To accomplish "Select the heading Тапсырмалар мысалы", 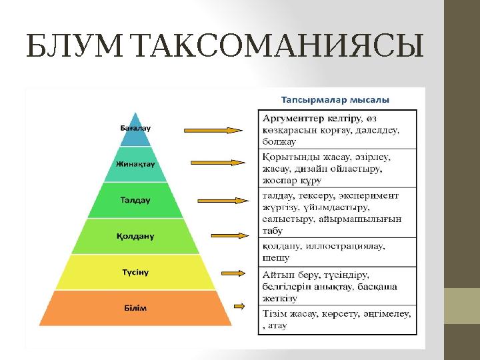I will click(x=335, y=99).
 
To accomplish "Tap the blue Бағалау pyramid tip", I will click(x=140, y=129).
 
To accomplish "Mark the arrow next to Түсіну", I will click(x=235, y=273).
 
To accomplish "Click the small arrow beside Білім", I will click(x=240, y=305).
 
